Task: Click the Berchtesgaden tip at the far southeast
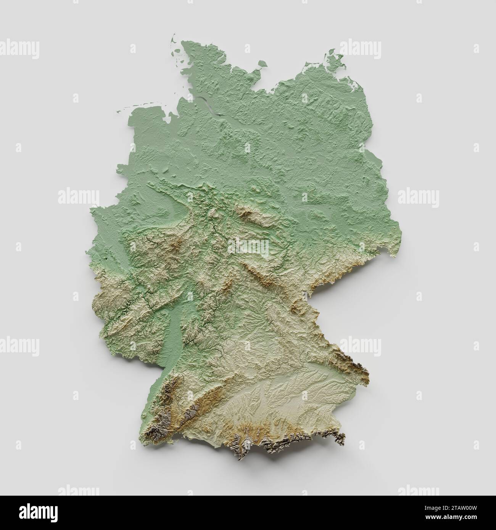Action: tap(338, 438)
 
